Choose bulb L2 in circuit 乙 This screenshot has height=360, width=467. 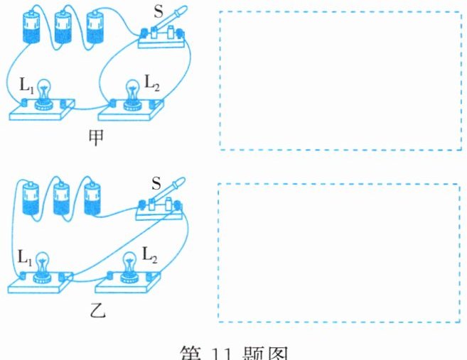click(130, 263)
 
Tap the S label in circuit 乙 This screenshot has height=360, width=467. click(155, 184)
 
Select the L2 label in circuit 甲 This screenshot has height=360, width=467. click(152, 82)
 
